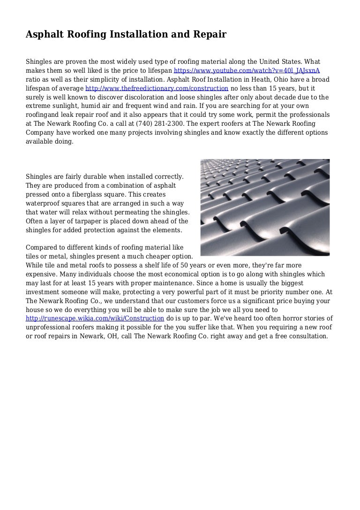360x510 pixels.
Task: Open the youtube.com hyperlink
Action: click(x=247, y=71)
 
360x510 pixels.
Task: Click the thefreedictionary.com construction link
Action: click(x=157, y=88)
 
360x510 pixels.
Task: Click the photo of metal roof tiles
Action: click(x=265, y=207)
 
